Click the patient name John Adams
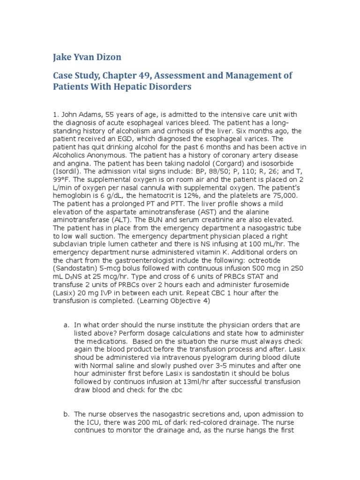click(x=77, y=115)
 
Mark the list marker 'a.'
click(x=66, y=325)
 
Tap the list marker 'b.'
click(x=66, y=414)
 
